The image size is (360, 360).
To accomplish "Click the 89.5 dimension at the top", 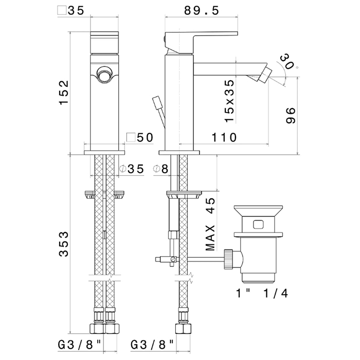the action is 202,11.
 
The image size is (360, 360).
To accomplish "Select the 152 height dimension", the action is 64,93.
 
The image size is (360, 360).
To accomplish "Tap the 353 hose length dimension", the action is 64,244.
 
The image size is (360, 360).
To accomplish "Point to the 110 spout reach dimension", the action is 224,137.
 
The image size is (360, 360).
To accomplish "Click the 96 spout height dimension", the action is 291,115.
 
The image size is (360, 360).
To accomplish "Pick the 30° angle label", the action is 289,62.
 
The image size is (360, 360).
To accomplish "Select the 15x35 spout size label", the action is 229,101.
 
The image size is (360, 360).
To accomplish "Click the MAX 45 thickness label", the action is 210,224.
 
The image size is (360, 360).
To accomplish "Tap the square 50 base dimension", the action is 140,137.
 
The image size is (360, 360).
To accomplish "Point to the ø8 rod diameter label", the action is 160,169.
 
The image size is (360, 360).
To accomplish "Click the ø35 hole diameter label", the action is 132,169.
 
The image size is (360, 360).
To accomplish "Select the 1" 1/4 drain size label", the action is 262,294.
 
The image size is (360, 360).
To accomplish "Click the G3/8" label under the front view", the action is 79,345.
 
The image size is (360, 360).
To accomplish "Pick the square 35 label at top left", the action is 71,11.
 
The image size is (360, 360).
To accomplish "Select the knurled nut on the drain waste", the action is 229,259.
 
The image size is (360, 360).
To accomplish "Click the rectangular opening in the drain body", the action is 259,224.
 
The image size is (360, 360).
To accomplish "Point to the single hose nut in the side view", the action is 183,328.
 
